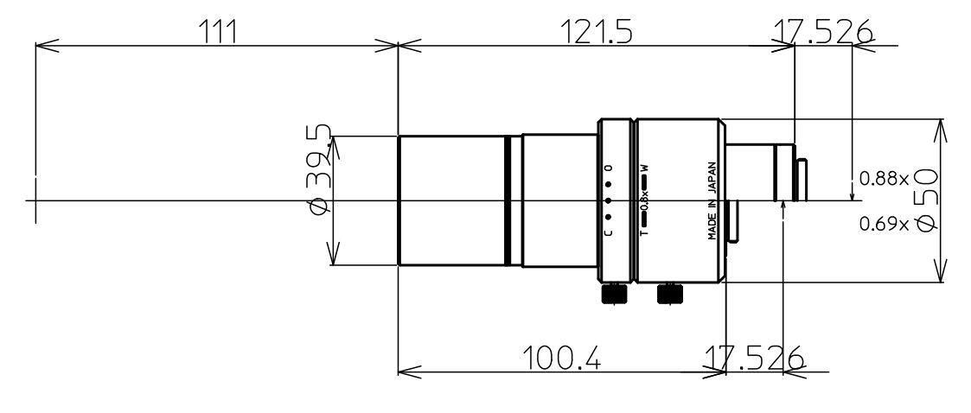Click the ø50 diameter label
click(924, 200)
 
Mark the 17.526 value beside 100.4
click(751, 358)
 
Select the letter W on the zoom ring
click(643, 168)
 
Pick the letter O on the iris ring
click(608, 167)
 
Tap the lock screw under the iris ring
click(613, 295)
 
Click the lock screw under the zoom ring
click(669, 295)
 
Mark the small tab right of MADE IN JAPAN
click(733, 220)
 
